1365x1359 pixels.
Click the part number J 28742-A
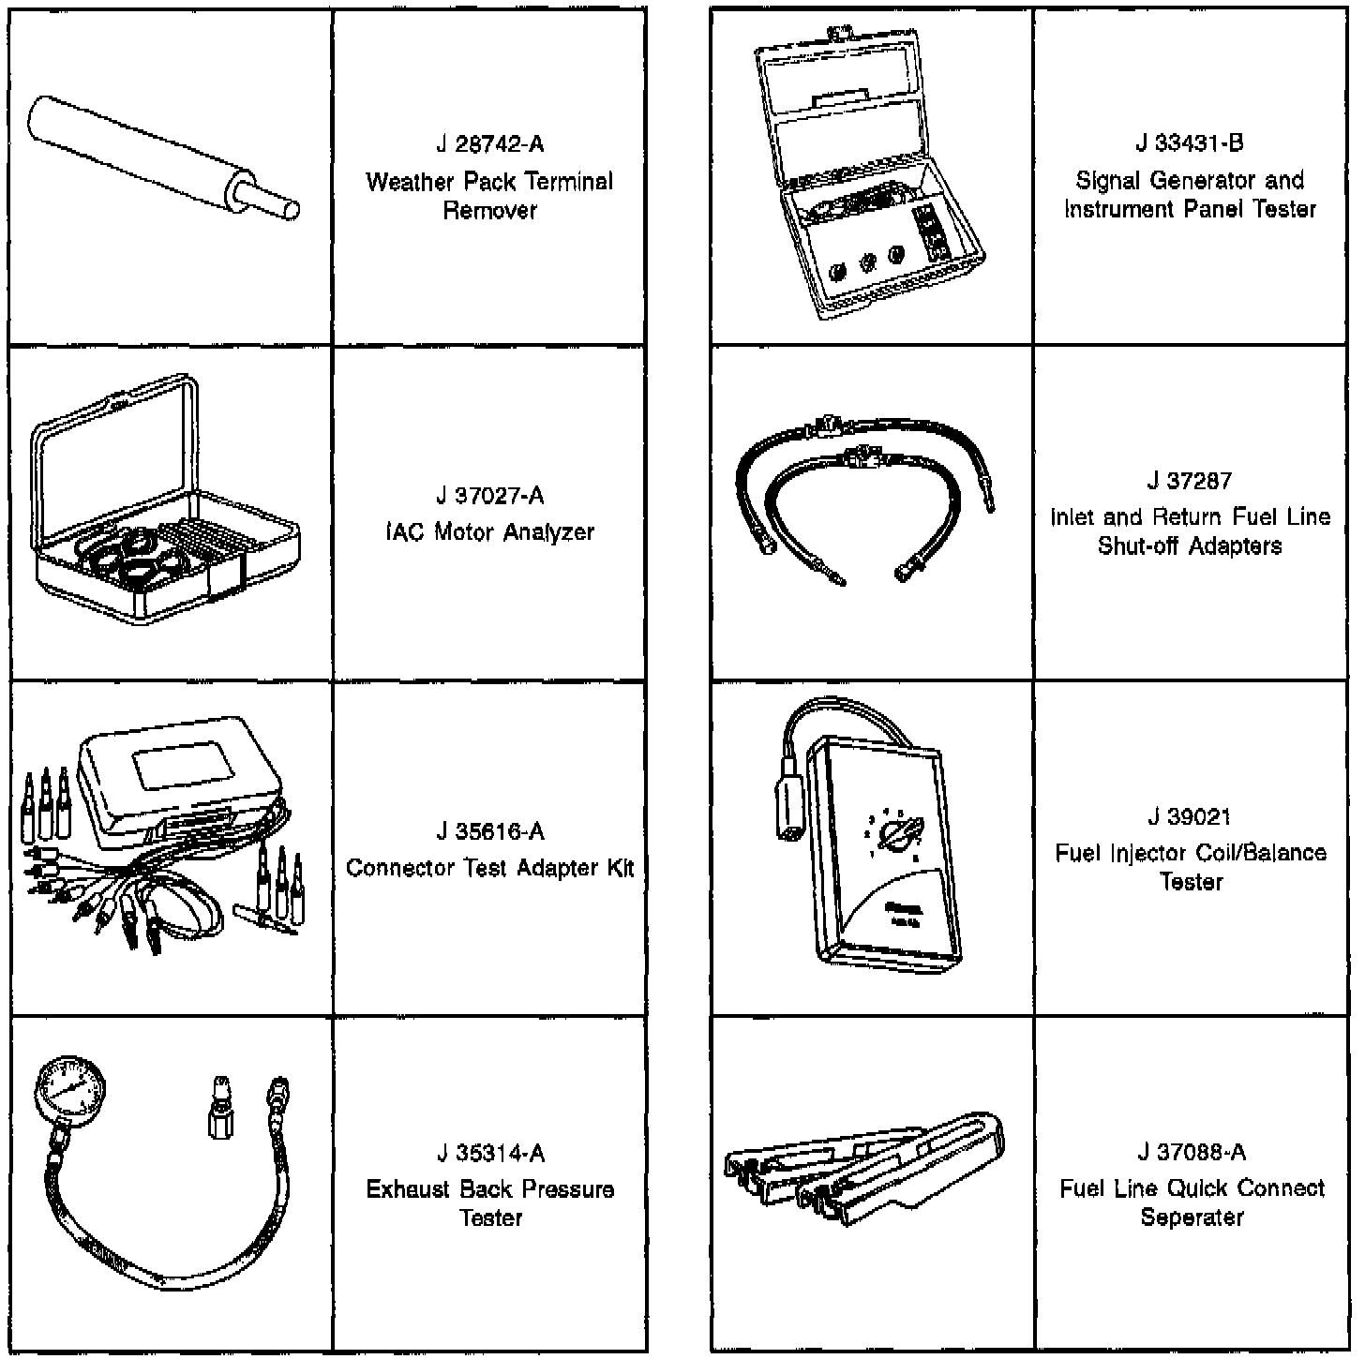pyautogui.click(x=489, y=144)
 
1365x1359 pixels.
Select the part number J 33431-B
pyautogui.click(x=1190, y=143)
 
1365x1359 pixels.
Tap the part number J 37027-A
pyautogui.click(x=489, y=496)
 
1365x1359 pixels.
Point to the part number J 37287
pyautogui.click(x=1190, y=481)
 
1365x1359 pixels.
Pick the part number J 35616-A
pyautogui.click(x=489, y=831)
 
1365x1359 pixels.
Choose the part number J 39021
pyautogui.click(x=1190, y=816)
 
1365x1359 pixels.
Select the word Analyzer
pyautogui.click(x=548, y=532)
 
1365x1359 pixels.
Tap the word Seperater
pyautogui.click(x=1192, y=1217)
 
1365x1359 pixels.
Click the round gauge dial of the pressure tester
pyautogui.click(x=70, y=1087)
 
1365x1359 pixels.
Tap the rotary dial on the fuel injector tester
pyautogui.click(x=897, y=834)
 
